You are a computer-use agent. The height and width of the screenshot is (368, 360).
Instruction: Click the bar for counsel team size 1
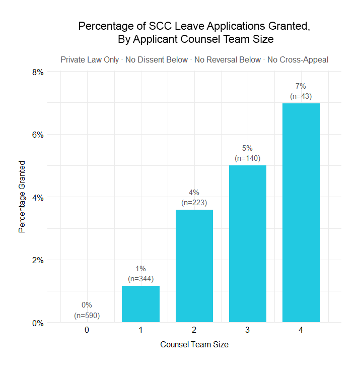(140, 304)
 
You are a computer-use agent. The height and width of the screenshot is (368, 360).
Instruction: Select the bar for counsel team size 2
(194, 266)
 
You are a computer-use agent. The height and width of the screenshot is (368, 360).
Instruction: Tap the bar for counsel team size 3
(248, 244)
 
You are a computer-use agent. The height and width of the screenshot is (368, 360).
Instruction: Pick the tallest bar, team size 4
(301, 213)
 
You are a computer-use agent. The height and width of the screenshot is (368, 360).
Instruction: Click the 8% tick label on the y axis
(38, 72)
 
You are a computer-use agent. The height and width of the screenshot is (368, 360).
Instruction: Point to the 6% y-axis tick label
(38, 135)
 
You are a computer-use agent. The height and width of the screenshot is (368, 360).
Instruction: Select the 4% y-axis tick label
(38, 198)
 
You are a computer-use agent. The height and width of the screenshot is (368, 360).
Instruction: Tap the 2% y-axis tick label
(38, 260)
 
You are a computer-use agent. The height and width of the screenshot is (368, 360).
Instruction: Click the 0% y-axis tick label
(38, 323)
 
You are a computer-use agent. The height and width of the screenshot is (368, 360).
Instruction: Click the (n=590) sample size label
(87, 316)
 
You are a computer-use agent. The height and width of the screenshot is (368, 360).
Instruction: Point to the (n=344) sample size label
(140, 278)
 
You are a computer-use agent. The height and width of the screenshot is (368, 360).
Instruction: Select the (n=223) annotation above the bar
(194, 203)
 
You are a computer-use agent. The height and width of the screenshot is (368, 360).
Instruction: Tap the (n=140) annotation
(248, 158)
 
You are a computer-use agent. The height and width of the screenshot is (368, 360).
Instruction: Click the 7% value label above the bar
(301, 86)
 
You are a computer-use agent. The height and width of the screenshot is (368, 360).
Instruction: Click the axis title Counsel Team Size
(194, 345)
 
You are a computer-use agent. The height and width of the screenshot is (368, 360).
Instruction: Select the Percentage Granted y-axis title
(22, 197)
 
